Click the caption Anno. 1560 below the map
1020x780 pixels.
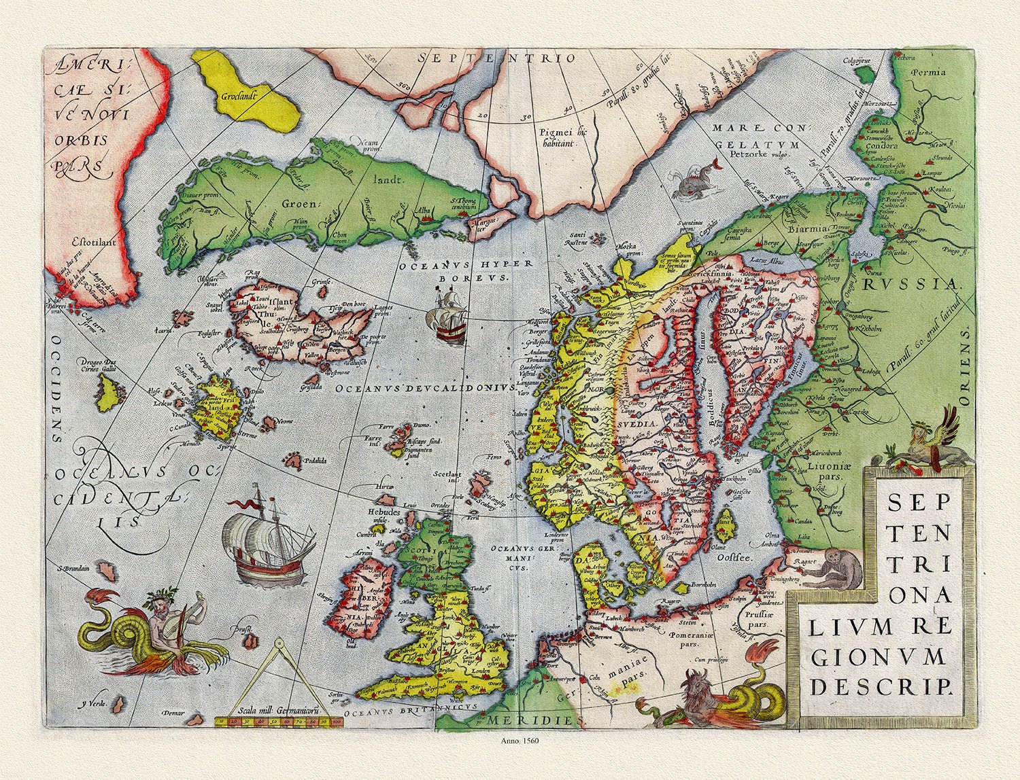coord(509,741)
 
